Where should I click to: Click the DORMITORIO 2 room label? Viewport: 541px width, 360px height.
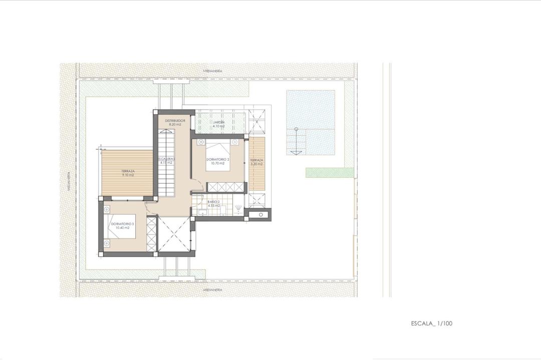pyautogui.click(x=217, y=159)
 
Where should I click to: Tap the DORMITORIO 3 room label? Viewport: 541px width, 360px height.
pyautogui.click(x=122, y=223)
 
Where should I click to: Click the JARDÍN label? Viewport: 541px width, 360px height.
pyautogui.click(x=218, y=122)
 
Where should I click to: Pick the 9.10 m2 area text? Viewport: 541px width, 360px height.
pyautogui.click(x=127, y=175)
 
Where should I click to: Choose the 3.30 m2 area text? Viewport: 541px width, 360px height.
pyautogui.click(x=256, y=164)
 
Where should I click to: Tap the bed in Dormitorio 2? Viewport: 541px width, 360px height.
pyautogui.click(x=218, y=156)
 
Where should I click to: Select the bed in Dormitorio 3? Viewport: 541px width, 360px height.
pyautogui.click(x=122, y=228)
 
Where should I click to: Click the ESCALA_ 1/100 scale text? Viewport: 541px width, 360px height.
pyautogui.click(x=431, y=323)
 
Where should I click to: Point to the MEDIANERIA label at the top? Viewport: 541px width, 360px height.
pyautogui.click(x=213, y=71)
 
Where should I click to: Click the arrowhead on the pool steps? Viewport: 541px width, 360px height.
pyautogui.click(x=296, y=152)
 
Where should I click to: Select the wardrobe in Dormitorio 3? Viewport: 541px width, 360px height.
pyautogui.click(x=151, y=234)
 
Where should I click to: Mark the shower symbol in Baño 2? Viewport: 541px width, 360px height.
pyautogui.click(x=238, y=208)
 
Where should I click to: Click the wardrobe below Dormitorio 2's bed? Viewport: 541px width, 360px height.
pyautogui.click(x=226, y=187)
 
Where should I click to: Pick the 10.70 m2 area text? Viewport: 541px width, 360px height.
pyautogui.click(x=217, y=163)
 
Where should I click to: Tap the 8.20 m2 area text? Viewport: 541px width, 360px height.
pyautogui.click(x=175, y=125)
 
